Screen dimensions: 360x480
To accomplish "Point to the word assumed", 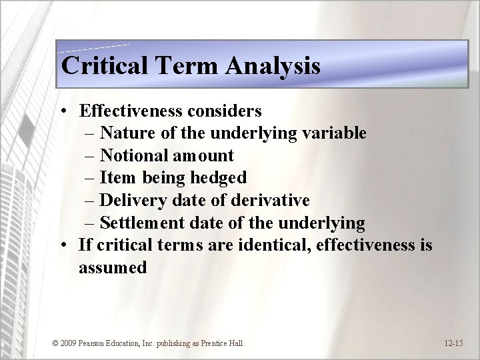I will coord(112,268).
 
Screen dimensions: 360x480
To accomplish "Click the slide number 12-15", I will coord(453,343).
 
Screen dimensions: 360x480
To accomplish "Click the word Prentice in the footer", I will coord(209,343).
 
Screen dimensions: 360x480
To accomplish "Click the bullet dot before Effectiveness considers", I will coord(62,111).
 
